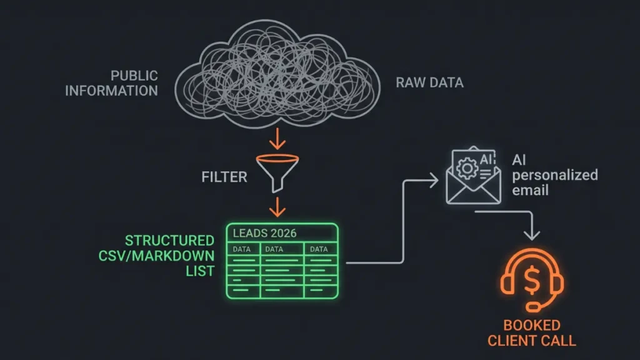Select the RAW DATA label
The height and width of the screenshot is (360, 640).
pos(429,82)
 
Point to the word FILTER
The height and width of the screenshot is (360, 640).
pos(224,177)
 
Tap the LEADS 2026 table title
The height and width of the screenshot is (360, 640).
pos(264,233)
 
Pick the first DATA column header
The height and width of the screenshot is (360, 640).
pos(241,249)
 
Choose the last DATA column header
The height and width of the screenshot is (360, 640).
pos(319,249)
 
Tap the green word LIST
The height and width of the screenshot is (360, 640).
pos(201,272)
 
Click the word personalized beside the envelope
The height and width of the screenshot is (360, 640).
pos(554,175)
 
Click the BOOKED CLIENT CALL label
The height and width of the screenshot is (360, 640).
pos(531,333)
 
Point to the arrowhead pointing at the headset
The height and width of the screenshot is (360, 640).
pos(532,235)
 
